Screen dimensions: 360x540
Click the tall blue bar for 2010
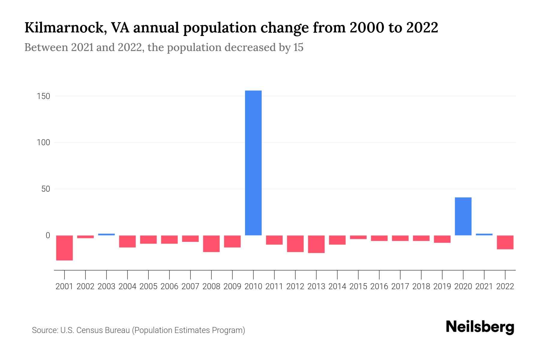point(253,163)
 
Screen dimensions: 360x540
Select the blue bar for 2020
point(463,216)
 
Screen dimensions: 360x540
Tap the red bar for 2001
point(64,248)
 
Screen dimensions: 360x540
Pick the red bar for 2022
point(505,242)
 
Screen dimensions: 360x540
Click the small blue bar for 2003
point(106,234)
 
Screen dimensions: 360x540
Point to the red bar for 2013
point(316,244)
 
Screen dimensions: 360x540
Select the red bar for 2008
point(211,244)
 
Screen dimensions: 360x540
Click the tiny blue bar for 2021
point(484,234)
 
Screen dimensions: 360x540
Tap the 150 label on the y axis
point(43,96)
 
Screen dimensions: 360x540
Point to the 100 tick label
point(43,142)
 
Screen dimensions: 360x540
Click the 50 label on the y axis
point(46,189)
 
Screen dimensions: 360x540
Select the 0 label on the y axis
point(48,235)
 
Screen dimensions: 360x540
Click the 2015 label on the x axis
point(358,286)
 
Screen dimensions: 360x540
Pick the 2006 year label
point(169,286)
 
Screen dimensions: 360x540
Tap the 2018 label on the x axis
point(421,286)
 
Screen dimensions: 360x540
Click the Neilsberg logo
point(480,327)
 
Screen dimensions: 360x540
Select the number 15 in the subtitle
point(298,47)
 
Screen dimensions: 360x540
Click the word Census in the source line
point(88,330)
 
